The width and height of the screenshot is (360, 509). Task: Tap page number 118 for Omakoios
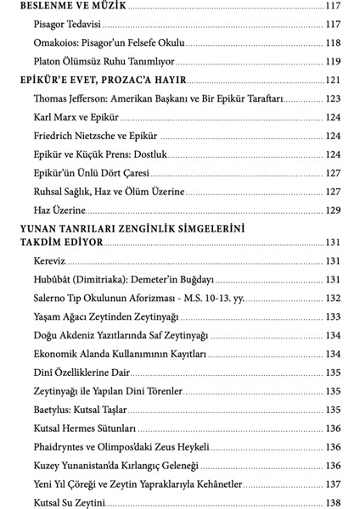(x=332, y=42)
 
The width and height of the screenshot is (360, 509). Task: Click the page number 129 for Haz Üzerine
(x=332, y=210)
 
